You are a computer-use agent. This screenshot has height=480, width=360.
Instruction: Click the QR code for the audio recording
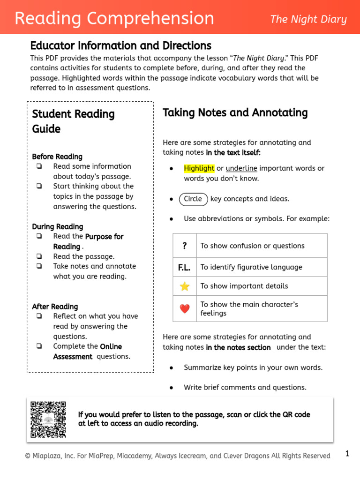[48, 419]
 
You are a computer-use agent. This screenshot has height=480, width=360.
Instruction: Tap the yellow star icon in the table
[185, 286]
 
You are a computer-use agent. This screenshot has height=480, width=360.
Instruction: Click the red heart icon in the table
[185, 308]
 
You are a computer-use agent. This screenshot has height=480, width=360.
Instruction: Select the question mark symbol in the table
[185, 246]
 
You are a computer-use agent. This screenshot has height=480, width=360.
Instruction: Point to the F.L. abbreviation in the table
[185, 267]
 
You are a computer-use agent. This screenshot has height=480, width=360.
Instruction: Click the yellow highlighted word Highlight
[199, 168]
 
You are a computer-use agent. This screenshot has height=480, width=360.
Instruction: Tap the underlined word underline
[241, 168]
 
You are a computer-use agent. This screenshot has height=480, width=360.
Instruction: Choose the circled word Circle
[193, 199]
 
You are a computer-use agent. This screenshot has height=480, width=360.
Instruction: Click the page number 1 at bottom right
[347, 453]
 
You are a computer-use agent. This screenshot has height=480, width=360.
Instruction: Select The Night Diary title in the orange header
[308, 19]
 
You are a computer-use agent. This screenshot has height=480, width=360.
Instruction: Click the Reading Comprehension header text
[114, 19]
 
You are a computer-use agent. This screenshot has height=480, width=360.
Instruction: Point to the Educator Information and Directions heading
[120, 45]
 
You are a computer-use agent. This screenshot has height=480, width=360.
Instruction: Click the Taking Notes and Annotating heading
[235, 112]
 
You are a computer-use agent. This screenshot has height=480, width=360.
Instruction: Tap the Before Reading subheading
[57, 157]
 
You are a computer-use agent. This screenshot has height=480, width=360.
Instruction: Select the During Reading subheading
[58, 226]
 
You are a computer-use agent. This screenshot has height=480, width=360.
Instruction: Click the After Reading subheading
[55, 307]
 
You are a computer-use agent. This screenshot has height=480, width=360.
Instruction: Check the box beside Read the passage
[39, 256]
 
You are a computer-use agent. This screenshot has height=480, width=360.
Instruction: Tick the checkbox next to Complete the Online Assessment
[39, 346]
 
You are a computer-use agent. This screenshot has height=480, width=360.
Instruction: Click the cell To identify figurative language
[251, 267]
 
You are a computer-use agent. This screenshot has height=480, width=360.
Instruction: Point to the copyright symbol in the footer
[28, 456]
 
